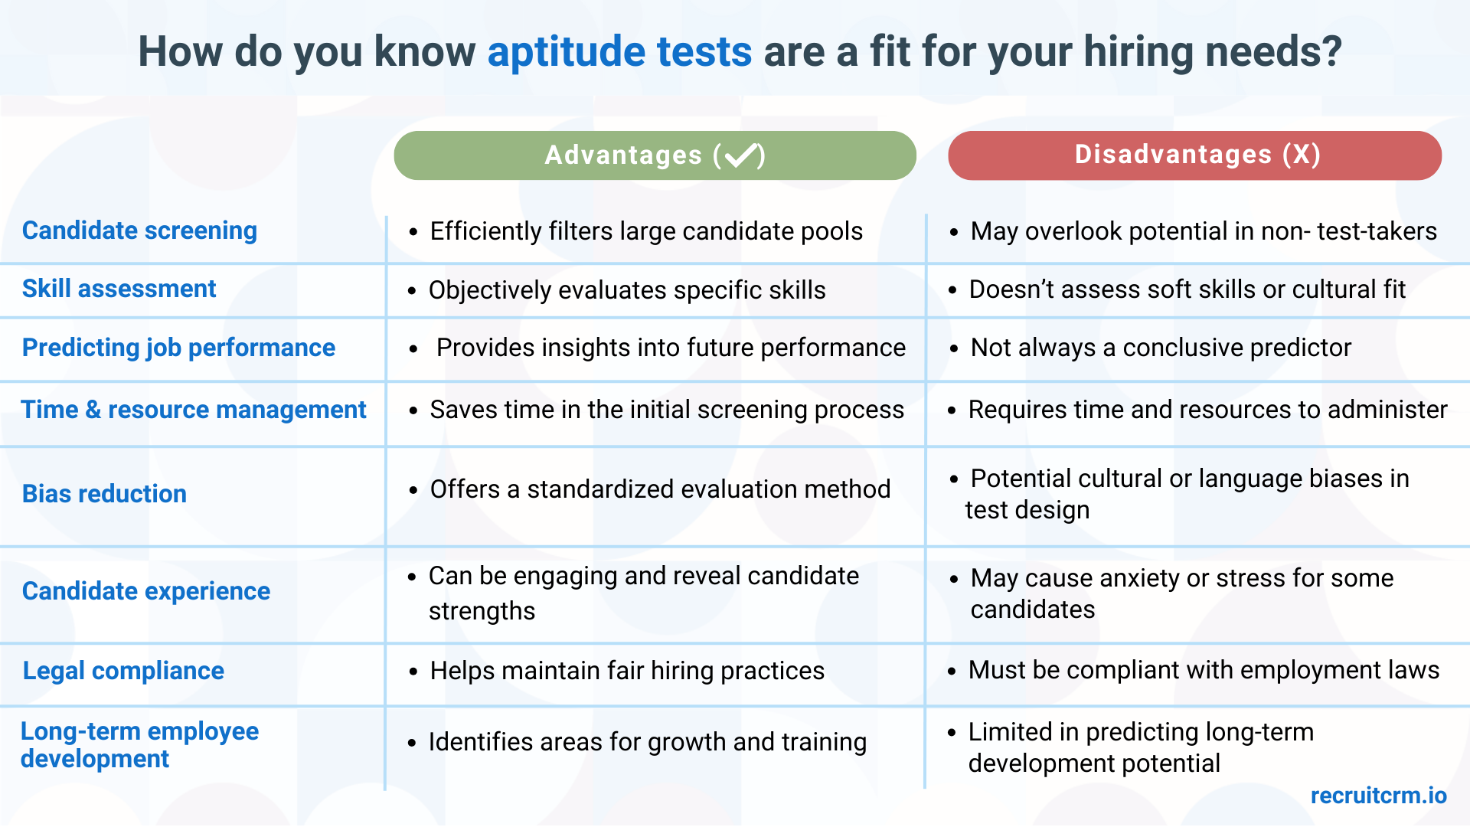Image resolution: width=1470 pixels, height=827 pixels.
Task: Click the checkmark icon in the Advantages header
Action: coord(740,155)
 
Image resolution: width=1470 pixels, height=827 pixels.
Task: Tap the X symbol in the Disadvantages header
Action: coord(1302,155)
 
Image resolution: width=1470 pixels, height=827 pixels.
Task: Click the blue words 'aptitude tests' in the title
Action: coord(619,52)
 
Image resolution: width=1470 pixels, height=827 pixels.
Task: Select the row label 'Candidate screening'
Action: coord(139,230)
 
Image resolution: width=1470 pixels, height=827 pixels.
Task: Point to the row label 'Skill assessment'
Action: coord(119,289)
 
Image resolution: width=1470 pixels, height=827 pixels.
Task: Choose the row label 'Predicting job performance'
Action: coord(178,348)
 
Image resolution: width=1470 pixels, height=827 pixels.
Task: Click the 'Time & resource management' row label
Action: coord(193,410)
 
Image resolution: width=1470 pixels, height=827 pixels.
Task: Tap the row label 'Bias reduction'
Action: coord(104,494)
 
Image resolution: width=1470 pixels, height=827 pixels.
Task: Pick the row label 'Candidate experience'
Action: coord(145,591)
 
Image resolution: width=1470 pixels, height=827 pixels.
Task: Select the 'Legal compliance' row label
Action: coord(123,671)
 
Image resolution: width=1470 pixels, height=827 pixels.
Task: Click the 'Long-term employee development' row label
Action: coord(139,744)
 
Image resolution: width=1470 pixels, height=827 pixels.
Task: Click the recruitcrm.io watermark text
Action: coord(1378,796)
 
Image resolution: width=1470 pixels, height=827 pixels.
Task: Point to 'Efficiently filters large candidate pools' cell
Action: coord(646,231)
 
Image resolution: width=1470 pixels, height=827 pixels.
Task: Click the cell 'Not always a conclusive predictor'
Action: coord(1161,348)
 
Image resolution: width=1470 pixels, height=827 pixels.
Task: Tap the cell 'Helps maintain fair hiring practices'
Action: coord(627,671)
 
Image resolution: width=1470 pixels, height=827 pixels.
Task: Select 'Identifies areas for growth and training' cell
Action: coord(647,742)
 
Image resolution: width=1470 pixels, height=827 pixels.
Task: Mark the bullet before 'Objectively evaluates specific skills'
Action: coord(412,291)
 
